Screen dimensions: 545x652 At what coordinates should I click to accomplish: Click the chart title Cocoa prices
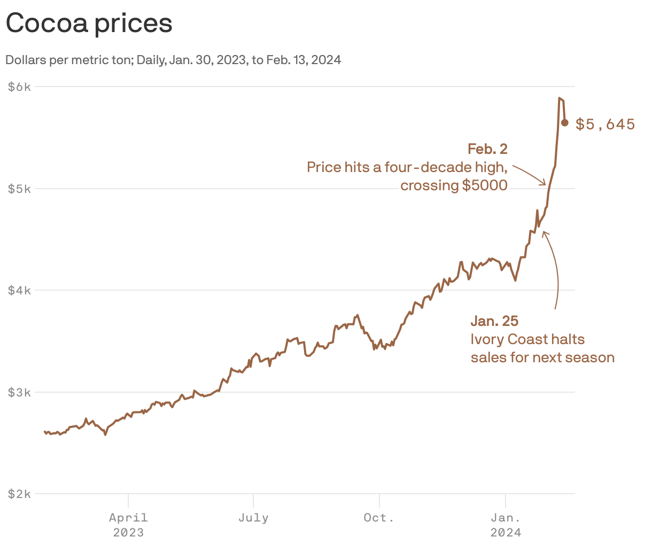89,24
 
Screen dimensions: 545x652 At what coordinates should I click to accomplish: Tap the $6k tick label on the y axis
19,87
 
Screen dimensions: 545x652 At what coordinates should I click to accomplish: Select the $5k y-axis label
19,189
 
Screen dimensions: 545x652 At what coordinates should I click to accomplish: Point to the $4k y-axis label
19,291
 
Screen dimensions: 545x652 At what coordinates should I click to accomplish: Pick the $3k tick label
19,392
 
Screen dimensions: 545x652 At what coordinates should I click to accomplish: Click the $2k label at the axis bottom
19,494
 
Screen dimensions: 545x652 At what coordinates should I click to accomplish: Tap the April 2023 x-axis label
128,525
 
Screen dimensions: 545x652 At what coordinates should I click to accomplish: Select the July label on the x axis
253,518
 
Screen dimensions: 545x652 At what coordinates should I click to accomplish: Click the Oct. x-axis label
379,518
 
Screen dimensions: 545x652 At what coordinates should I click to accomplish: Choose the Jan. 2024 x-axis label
506,525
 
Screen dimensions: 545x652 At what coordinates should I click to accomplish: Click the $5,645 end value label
605,124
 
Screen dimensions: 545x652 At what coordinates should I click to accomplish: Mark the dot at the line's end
564,123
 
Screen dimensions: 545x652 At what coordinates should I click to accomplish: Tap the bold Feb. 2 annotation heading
487,149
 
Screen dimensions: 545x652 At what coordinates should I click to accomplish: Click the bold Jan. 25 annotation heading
494,321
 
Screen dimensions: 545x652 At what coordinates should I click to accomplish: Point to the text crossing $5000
454,185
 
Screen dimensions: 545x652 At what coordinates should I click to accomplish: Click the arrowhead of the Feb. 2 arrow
545,184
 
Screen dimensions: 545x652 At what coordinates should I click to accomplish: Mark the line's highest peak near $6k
559,98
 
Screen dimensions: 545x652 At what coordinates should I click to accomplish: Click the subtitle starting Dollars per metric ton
173,60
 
